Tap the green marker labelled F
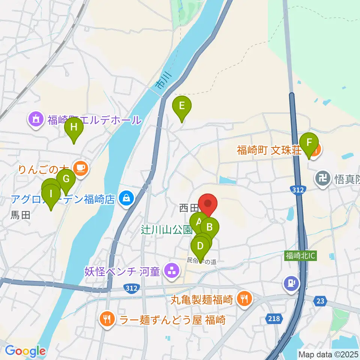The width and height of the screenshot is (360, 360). pos(309,143)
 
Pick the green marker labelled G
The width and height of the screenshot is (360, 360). pos(66,179)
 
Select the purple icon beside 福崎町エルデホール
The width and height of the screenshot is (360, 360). pos(36,120)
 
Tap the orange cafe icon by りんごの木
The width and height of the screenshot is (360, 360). pos(81,168)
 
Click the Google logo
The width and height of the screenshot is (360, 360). pos(25,351)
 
